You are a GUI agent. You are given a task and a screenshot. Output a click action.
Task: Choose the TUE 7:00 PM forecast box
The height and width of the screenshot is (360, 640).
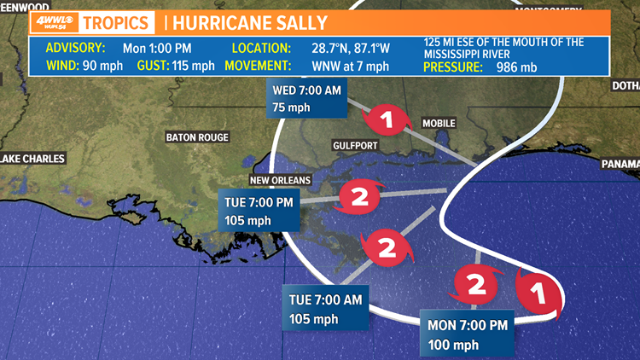coord(259,210)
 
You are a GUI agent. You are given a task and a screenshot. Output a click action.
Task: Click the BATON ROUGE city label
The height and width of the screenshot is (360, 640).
coord(197,136)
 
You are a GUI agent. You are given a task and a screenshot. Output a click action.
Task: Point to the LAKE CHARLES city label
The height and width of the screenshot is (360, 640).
coord(22,158)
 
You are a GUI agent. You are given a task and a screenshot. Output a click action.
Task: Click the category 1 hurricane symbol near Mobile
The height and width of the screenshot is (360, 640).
coord(388,120)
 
